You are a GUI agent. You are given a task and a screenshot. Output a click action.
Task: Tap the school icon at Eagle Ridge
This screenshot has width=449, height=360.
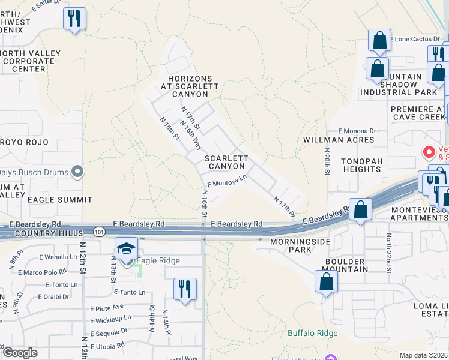pos(127,249)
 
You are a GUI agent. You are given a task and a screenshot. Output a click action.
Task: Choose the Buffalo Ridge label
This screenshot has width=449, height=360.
pos(312,333)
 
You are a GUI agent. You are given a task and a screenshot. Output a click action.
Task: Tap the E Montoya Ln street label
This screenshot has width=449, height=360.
pos(227,181)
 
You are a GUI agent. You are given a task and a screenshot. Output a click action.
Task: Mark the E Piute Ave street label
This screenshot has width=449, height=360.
pos(106,306)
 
